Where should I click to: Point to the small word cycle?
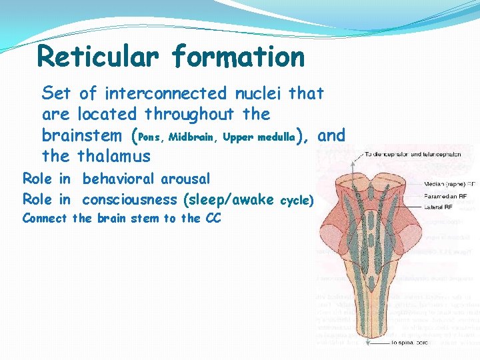(x=297, y=200)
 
